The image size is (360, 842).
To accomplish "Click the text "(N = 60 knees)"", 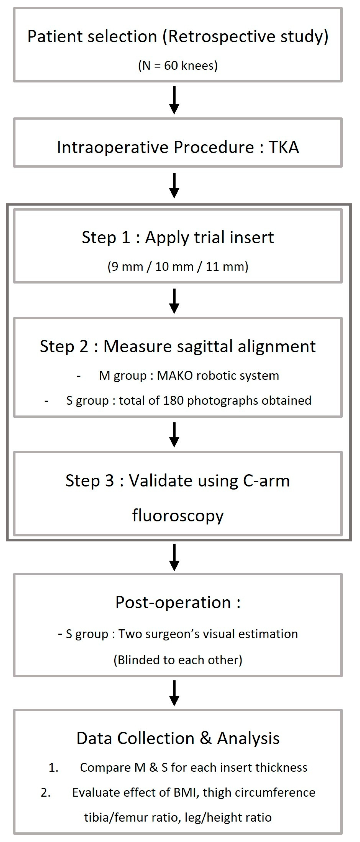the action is pos(178,66).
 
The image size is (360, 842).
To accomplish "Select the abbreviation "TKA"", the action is pos(283,147).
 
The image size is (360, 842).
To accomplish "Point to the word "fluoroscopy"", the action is pos(178,516).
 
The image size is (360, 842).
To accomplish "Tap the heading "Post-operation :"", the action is pos(178,602).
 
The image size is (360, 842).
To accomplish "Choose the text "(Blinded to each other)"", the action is pos(178,660).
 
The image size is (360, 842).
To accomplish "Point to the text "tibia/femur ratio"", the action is pos(132,817).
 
